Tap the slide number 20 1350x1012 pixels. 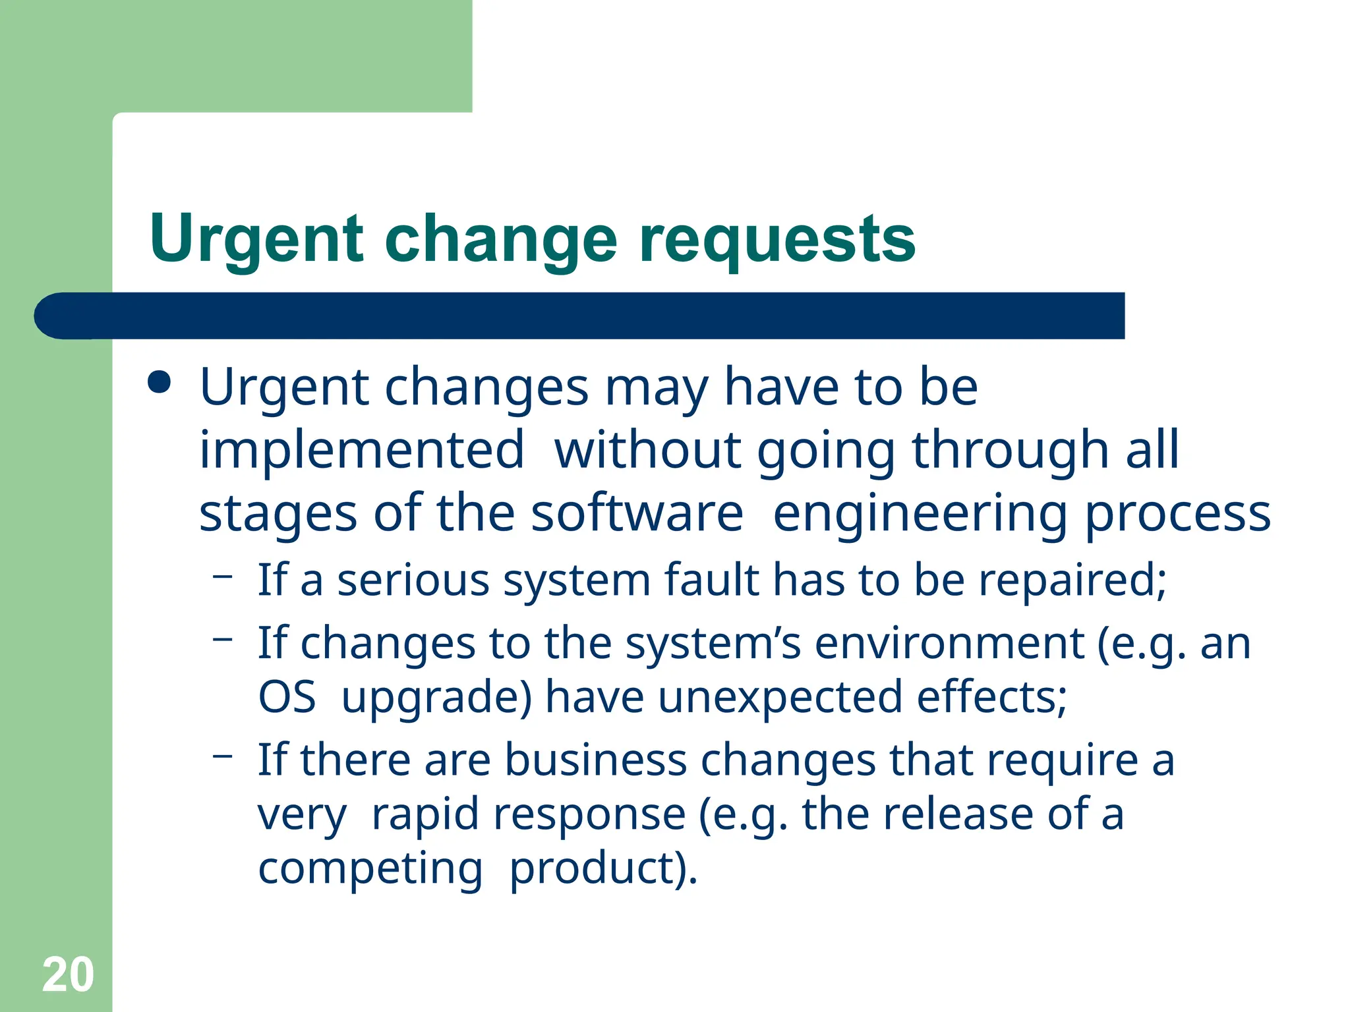click(x=68, y=974)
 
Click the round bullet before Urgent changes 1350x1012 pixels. click(x=160, y=382)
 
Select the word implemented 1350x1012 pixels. click(x=362, y=450)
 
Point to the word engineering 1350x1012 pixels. click(x=920, y=515)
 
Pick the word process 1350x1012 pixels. click(x=1177, y=515)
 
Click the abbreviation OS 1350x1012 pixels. click(x=287, y=697)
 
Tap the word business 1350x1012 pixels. click(x=595, y=760)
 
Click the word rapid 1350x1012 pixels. click(x=425, y=814)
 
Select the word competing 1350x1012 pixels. click(x=370, y=869)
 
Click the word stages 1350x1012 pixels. click(x=278, y=515)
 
